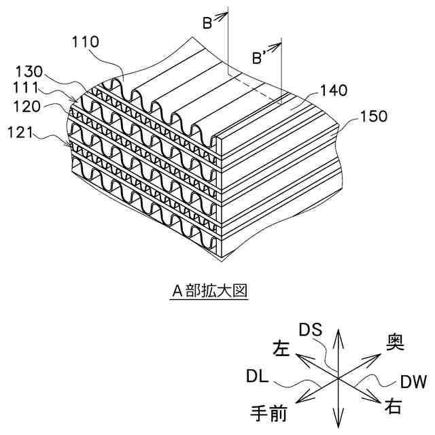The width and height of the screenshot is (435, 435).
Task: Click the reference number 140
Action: point(331,90)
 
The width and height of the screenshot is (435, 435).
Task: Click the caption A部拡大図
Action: point(211,292)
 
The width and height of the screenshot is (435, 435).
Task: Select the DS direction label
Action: point(315,330)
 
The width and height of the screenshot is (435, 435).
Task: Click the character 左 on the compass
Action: point(280,349)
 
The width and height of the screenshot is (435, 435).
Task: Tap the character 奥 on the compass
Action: point(395,343)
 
